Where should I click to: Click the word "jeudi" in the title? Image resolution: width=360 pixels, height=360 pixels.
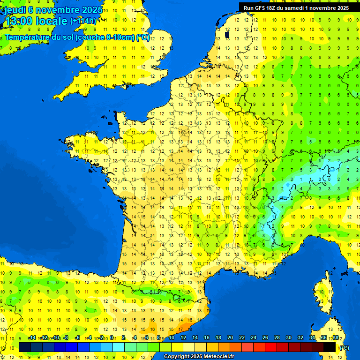click(15, 10)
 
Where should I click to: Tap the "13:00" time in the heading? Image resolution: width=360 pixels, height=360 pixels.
click(20, 22)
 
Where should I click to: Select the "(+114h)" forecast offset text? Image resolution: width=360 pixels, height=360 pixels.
click(83, 21)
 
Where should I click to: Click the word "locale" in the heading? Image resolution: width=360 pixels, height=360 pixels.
click(52, 22)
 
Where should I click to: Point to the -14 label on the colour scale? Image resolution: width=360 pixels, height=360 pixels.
click(32, 338)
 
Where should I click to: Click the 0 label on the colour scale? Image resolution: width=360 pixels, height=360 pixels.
click(111, 338)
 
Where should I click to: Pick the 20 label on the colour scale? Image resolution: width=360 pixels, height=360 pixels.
click(230, 338)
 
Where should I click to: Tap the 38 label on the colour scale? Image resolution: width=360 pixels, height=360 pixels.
click(335, 338)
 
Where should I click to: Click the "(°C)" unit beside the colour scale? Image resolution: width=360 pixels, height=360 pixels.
click(345, 347)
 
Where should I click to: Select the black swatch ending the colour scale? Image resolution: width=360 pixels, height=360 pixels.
click(330, 347)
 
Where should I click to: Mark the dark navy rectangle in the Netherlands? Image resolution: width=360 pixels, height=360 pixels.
click(227, 33)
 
